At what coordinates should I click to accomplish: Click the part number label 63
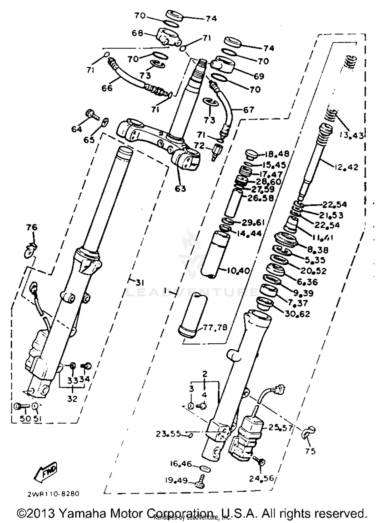coord(180,189)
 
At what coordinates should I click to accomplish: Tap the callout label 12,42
coord(346,167)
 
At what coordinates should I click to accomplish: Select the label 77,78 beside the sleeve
coord(215,328)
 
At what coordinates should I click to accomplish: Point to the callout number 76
coord(32,227)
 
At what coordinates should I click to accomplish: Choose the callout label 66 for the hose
coord(107,88)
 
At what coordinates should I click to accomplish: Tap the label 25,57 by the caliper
coord(281,428)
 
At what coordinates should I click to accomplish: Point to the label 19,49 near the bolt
coord(176,480)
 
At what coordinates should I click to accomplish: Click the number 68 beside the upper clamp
coord(137,33)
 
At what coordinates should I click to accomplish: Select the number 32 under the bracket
coord(72,399)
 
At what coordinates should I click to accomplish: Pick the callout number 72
coord(199,146)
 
